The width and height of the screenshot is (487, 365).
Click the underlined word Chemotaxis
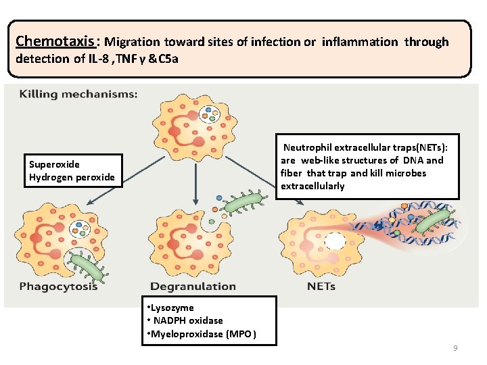point(45,41)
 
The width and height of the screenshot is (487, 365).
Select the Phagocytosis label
point(58,287)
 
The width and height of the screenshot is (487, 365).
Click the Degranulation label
point(193,287)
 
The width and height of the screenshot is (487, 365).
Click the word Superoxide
point(54,164)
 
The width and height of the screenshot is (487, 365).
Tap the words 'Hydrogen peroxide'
point(72,178)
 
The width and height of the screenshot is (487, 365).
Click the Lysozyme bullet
point(172,308)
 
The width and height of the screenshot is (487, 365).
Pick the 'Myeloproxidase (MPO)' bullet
point(201,334)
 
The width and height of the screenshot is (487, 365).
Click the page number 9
point(455,348)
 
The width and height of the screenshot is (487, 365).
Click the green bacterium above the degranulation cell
point(243,201)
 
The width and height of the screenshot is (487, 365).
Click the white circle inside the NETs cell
point(335,242)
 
